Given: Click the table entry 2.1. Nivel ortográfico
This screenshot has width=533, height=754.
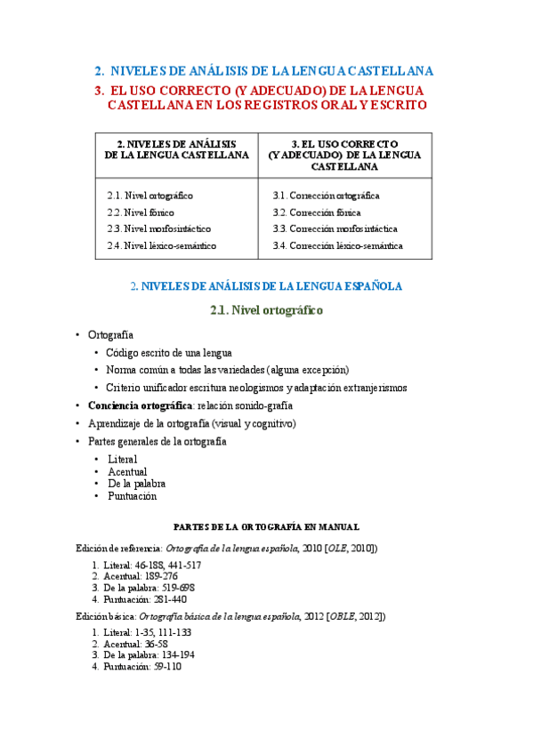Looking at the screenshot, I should click(149, 195).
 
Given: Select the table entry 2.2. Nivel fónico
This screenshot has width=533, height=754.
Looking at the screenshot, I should click(140, 212).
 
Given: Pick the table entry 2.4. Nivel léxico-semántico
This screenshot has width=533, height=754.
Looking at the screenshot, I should click(161, 245).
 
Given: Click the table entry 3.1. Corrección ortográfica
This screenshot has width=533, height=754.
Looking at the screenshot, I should click(327, 195).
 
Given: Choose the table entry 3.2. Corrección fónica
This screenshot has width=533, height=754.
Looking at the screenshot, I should click(317, 212).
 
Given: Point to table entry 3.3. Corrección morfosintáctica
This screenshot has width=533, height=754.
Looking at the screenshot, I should click(335, 229).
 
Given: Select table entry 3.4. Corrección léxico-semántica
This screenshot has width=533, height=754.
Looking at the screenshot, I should click(337, 245).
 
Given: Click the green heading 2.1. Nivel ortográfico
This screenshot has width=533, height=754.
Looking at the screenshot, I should click(266, 310).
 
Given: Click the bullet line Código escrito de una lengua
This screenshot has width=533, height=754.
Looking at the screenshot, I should click(168, 352).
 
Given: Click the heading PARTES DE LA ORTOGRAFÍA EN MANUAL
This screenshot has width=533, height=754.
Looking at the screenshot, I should click(266, 527).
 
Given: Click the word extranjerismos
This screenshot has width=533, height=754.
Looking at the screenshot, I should click(367, 388).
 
